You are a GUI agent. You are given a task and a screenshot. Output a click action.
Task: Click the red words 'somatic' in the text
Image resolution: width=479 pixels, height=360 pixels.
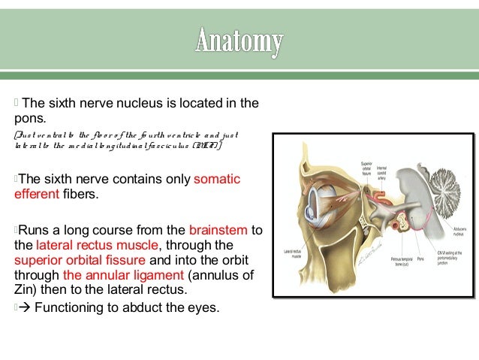point(217,179)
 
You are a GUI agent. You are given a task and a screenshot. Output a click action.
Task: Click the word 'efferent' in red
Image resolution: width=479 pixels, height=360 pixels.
point(35,195)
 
